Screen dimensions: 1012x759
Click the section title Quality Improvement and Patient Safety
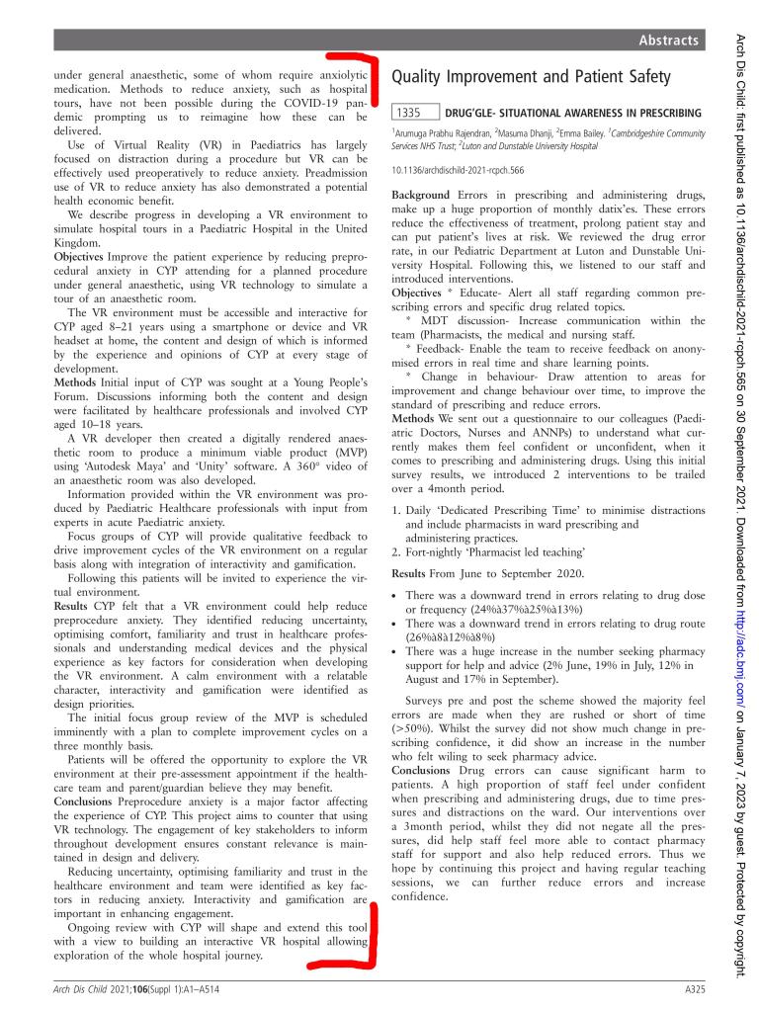[532, 76]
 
